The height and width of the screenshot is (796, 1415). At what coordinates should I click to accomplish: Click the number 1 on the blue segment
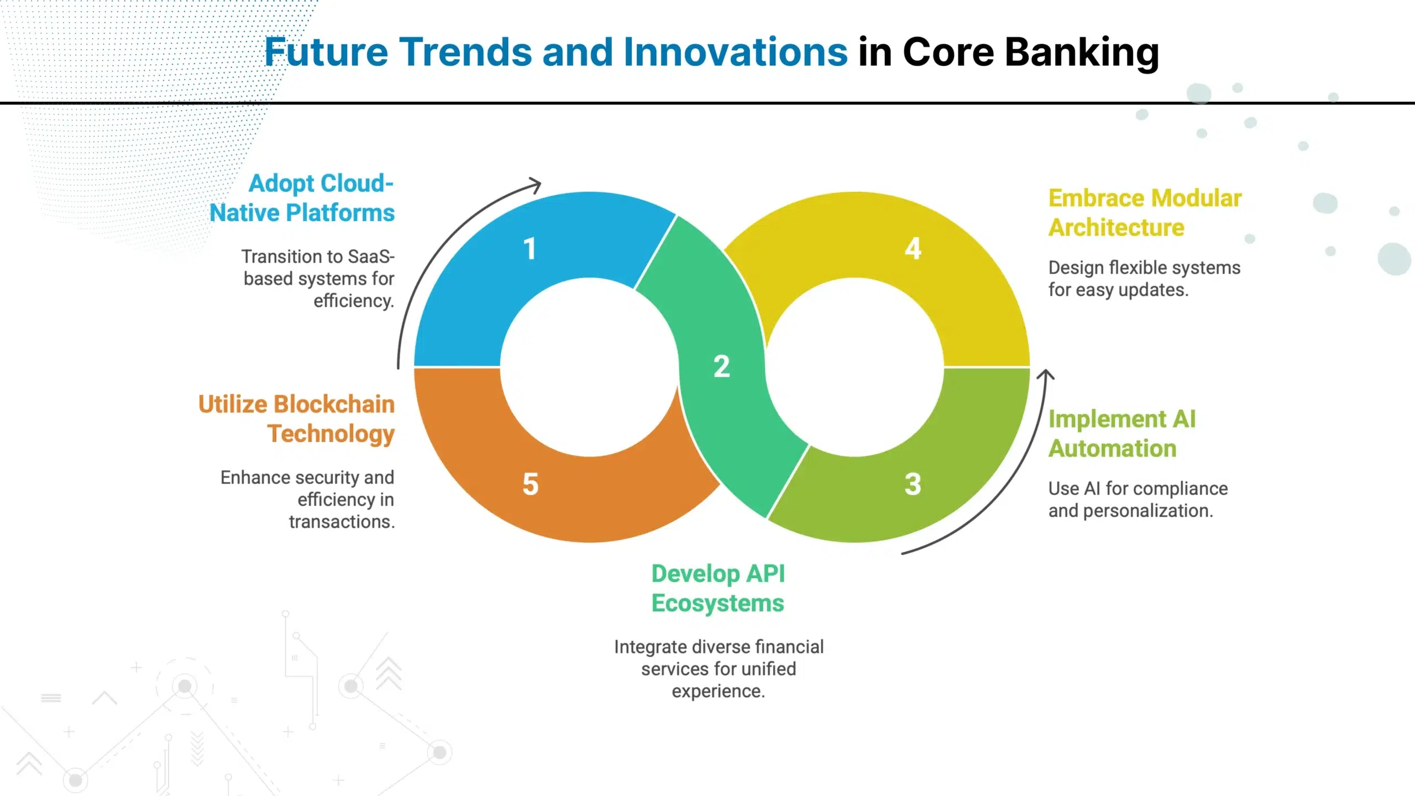(530, 249)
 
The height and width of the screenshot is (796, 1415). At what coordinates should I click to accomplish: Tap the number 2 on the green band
(721, 366)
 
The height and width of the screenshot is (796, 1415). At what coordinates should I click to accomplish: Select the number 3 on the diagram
(913, 484)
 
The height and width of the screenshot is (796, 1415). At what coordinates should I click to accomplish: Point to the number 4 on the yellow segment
(913, 249)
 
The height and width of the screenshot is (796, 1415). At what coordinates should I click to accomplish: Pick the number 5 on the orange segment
(530, 484)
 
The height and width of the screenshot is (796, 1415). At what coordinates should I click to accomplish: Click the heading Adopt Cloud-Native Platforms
(302, 198)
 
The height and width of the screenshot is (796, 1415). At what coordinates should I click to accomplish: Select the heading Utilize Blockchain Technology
(297, 419)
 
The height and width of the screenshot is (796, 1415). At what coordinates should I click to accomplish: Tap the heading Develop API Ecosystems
(718, 588)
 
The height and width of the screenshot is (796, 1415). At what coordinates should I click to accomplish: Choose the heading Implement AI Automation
(1122, 434)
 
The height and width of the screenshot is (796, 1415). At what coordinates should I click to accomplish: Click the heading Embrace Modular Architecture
(1145, 213)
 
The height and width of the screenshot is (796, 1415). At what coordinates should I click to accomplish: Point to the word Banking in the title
(1082, 53)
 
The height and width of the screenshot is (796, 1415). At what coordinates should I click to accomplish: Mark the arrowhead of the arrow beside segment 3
(1045, 375)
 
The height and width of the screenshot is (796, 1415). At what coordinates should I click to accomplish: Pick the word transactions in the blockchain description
(342, 522)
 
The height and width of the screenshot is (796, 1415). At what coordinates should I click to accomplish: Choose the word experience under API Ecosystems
(718, 692)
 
